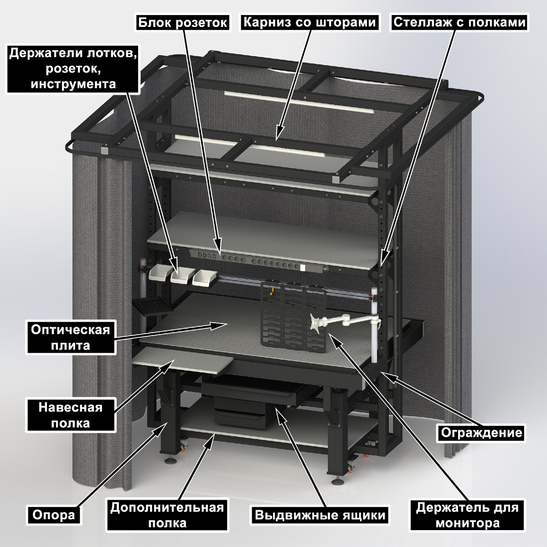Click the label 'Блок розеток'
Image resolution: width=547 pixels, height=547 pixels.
click(182, 22)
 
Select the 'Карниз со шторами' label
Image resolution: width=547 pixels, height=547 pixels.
click(310, 22)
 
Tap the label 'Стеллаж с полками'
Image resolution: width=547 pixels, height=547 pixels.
click(459, 22)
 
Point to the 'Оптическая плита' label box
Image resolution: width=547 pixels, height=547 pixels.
click(70, 337)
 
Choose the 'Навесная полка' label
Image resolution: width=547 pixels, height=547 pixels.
click(70, 415)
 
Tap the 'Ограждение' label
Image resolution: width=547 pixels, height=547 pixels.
click(481, 433)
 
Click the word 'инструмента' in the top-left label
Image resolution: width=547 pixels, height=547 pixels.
click(73, 84)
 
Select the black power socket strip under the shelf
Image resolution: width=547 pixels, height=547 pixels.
click(258, 260)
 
